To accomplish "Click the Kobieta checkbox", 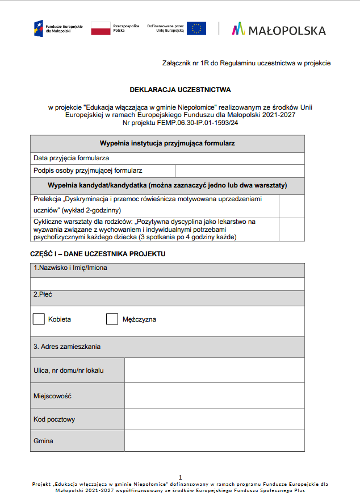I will (x=39, y=319).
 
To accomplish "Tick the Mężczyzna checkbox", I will (x=112, y=319).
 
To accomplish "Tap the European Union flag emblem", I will (x=196, y=28).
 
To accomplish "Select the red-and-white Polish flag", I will (x=101, y=28).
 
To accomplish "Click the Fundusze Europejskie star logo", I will (x=38, y=28).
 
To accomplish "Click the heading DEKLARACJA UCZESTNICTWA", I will (x=180, y=90).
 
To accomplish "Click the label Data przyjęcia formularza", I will (x=71, y=158).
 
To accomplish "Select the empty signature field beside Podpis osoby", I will (x=240, y=170).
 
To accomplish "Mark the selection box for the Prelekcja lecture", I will (x=291, y=206).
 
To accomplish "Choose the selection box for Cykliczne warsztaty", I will (x=291, y=229).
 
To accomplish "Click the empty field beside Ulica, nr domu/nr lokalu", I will (x=214, y=370).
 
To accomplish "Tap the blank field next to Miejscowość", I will (x=214, y=395).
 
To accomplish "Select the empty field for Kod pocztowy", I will (x=214, y=419).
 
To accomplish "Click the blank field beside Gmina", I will (x=214, y=440).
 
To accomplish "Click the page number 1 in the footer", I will (x=180, y=477).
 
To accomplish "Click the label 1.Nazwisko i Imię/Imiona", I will (x=70, y=268).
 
